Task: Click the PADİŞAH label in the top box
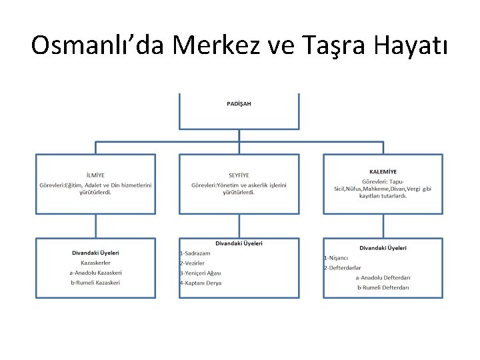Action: [239, 104]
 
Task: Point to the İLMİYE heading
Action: [95, 175]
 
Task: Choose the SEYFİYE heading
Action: [239, 175]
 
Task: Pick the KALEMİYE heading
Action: [383, 171]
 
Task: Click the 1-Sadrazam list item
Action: [195, 253]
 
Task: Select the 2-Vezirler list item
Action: [192, 263]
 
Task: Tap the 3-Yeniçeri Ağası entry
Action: [200, 273]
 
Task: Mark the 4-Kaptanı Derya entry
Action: [201, 283]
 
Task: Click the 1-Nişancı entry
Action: [337, 257]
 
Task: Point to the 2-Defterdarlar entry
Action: [343, 267]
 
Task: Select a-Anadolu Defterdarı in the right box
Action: [383, 277]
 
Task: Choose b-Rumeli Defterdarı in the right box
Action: [383, 287]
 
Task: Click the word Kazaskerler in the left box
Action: [95, 263]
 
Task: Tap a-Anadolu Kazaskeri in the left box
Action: [95, 273]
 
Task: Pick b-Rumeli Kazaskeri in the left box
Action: [95, 283]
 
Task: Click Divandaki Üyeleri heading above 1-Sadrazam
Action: [239, 243]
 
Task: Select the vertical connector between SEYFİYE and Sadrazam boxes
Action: [239, 225]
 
